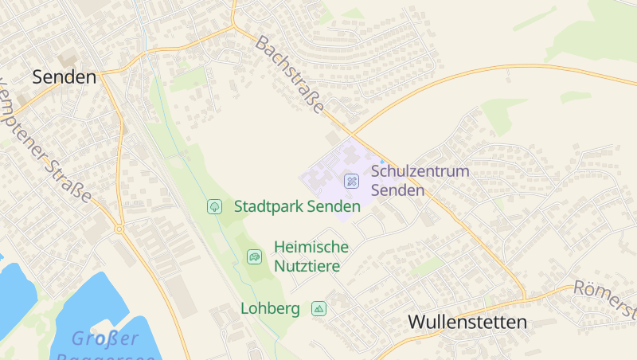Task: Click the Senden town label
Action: point(64,77)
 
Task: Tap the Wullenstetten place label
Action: point(467,323)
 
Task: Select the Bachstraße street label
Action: point(291,76)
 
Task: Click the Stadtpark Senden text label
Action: point(297,206)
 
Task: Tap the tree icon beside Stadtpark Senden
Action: point(214,206)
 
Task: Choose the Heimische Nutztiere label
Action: point(311,256)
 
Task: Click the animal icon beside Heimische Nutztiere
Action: point(254,256)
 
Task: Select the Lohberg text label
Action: point(270,308)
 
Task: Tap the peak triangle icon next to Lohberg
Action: point(319,308)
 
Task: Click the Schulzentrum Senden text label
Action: point(420,181)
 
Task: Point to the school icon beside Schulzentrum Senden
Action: point(351,181)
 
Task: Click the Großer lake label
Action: point(105,338)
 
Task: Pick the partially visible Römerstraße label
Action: point(607,299)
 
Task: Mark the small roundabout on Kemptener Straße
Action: point(119,229)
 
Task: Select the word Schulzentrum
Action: point(420,171)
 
